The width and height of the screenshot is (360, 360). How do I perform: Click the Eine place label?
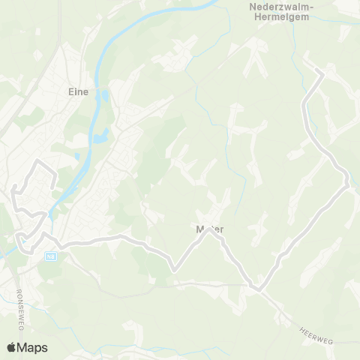(78, 92)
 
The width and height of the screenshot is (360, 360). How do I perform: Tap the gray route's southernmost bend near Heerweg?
(257, 288)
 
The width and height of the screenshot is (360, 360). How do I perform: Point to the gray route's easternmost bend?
(347, 180)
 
